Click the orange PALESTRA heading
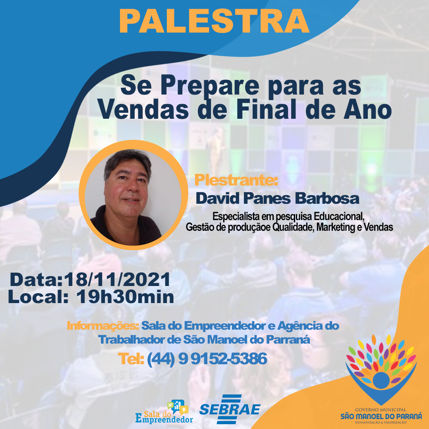click(x=214, y=21)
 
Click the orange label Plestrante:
click(x=236, y=180)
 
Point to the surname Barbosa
click(x=327, y=198)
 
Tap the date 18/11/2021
click(x=117, y=280)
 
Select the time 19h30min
click(x=125, y=297)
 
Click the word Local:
click(x=38, y=297)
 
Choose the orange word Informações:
click(x=103, y=326)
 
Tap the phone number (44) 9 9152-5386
click(x=207, y=359)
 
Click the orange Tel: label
click(x=131, y=359)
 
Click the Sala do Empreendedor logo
click(x=164, y=412)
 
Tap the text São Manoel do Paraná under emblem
click(x=381, y=416)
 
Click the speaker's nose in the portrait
click(x=133, y=186)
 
